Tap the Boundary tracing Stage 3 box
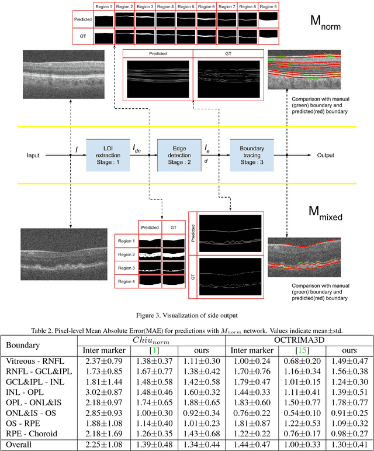point(252,155)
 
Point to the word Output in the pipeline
point(325,156)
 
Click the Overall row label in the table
point(20,445)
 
